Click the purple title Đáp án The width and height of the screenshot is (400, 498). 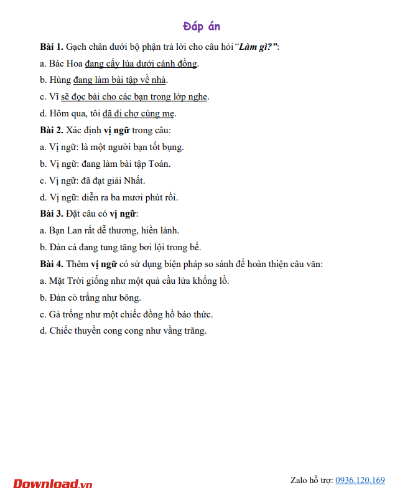[x=202, y=26]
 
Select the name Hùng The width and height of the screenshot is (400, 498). [x=60, y=80]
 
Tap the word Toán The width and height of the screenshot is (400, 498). [x=158, y=164]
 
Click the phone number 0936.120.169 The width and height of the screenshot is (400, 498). [x=360, y=480]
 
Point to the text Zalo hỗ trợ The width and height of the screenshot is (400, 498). [x=310, y=480]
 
